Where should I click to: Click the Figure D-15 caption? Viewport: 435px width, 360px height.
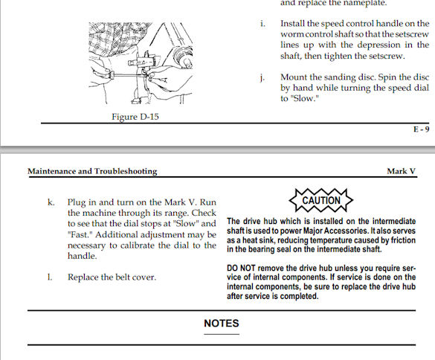[135, 117]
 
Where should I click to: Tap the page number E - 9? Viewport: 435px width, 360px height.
[422, 129]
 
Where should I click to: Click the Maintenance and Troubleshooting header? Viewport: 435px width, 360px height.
[92, 171]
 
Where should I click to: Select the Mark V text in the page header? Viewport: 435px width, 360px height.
[401, 171]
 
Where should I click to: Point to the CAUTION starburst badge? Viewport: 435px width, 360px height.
[321, 200]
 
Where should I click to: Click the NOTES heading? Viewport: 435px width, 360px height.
[222, 324]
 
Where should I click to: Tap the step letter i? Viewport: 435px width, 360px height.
[262, 24]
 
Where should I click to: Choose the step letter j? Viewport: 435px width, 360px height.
[262, 77]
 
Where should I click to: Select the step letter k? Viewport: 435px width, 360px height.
[51, 202]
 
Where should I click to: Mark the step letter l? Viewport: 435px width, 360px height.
[50, 277]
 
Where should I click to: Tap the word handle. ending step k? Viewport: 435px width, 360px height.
[83, 256]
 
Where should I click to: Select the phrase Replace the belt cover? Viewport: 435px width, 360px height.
[112, 277]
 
